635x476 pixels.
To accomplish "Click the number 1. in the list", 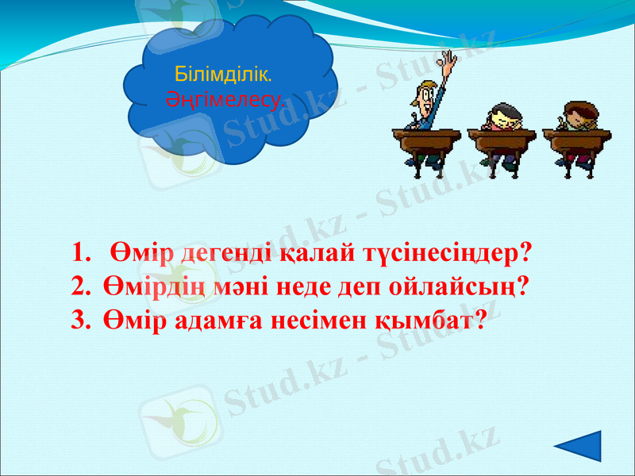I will click(x=82, y=254).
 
